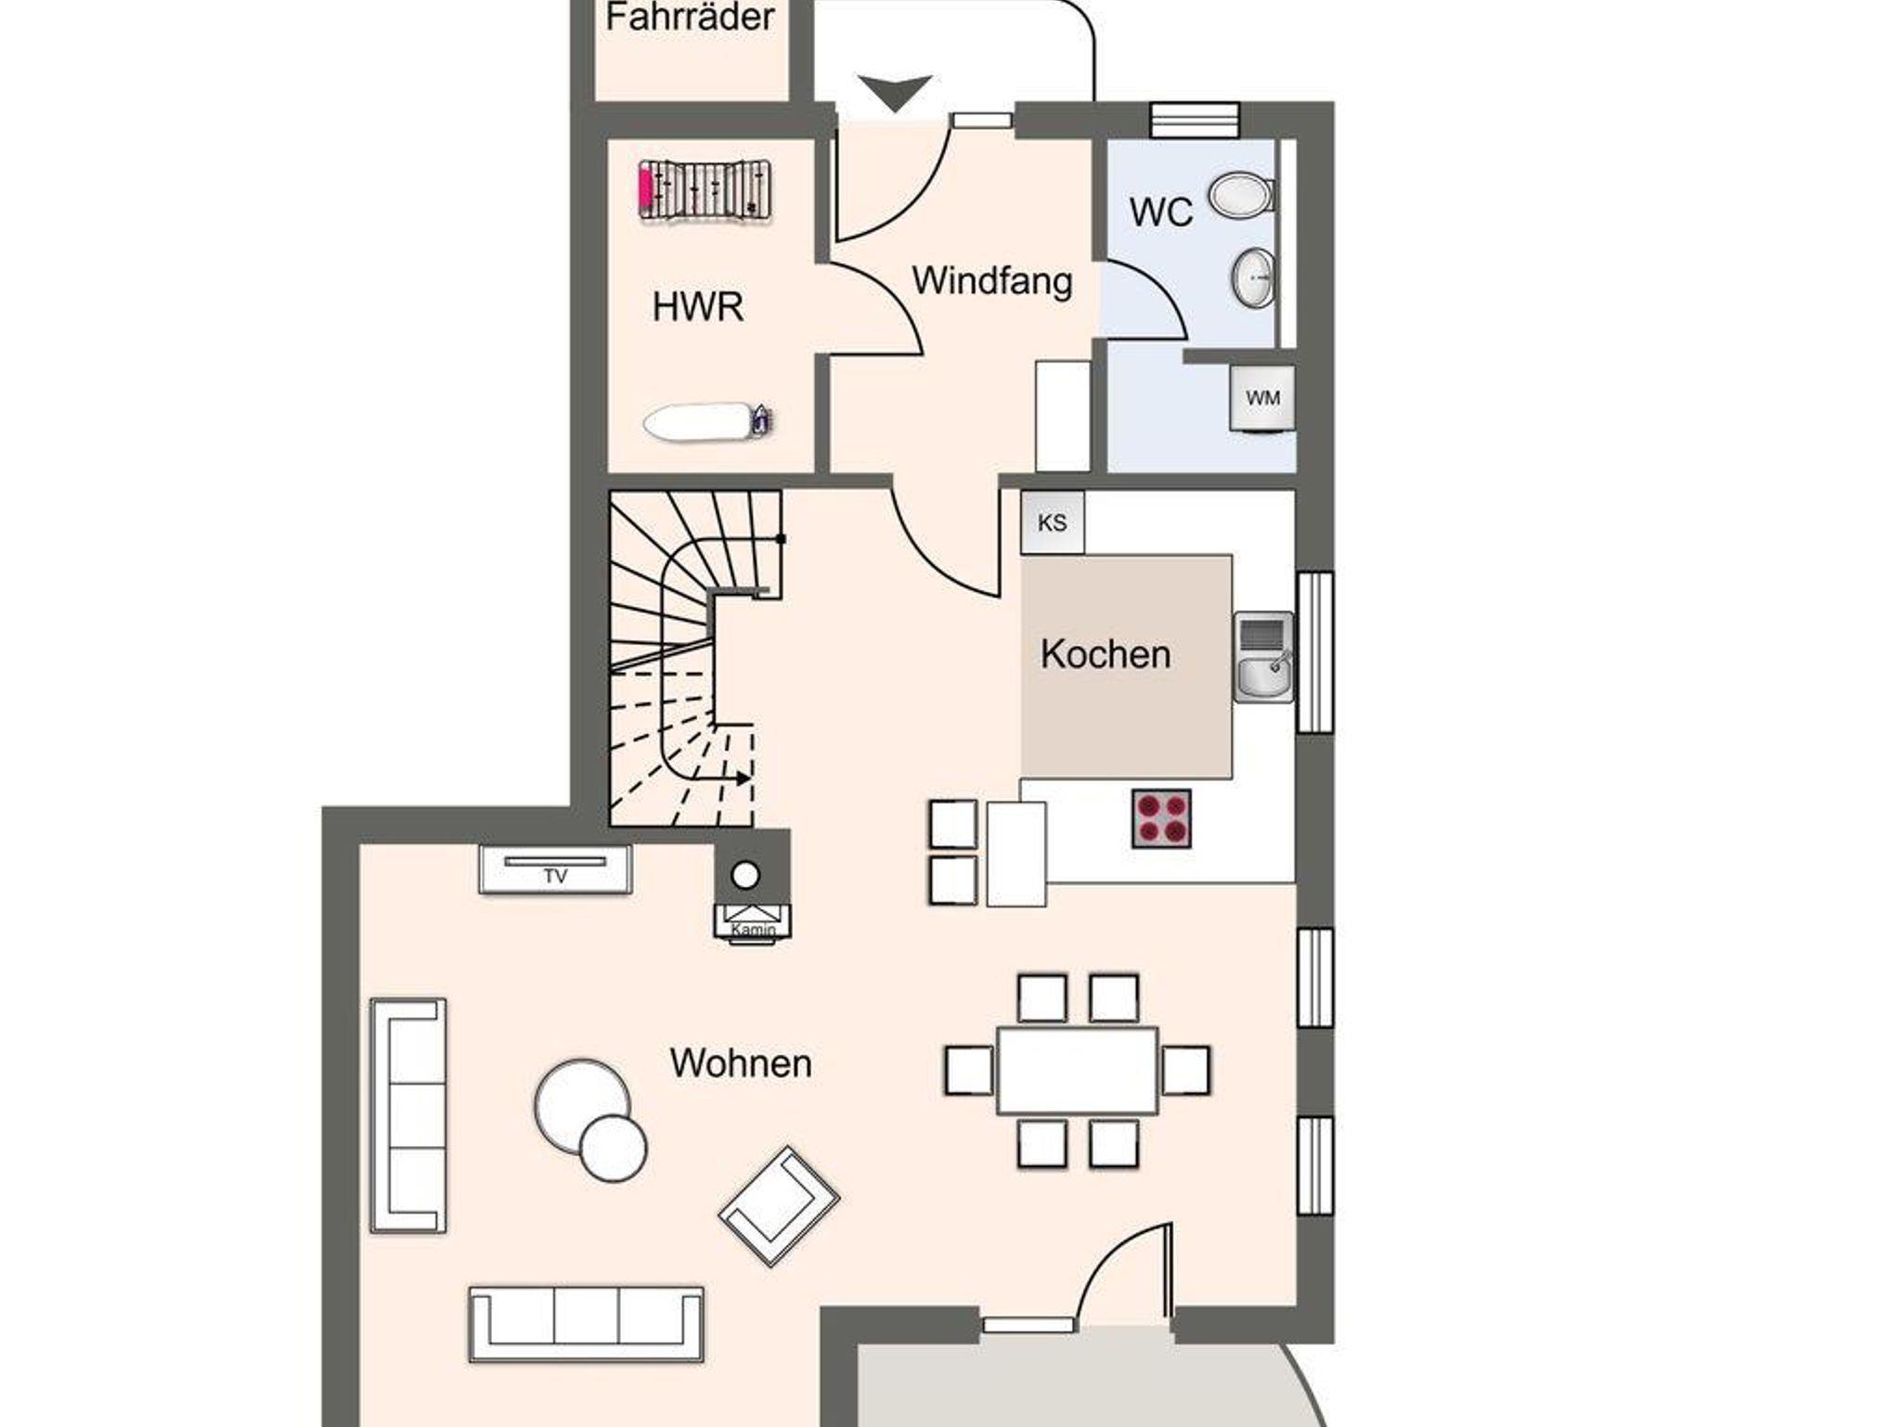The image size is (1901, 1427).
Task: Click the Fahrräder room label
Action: point(690,18)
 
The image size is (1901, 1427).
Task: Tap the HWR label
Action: point(698,307)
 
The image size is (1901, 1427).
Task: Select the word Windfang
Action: point(992,281)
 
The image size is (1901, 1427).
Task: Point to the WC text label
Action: point(1161,212)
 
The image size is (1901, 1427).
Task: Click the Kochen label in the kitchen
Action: point(1106,655)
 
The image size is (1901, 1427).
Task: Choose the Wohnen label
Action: point(741,1063)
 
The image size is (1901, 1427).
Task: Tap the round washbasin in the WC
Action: point(1254,276)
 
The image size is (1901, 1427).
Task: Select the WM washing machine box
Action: point(1261,398)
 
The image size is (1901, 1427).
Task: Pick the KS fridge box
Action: point(1053,523)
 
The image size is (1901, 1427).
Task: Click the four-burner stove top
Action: point(1161,818)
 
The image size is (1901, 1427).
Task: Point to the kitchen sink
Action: point(1263,657)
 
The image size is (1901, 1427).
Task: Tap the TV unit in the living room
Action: point(555,869)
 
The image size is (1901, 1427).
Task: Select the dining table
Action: point(1078,1070)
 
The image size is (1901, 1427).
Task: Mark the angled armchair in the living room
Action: point(779,1205)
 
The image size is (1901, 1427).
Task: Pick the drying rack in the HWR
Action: point(705,191)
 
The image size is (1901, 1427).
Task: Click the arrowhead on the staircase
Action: point(744,778)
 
